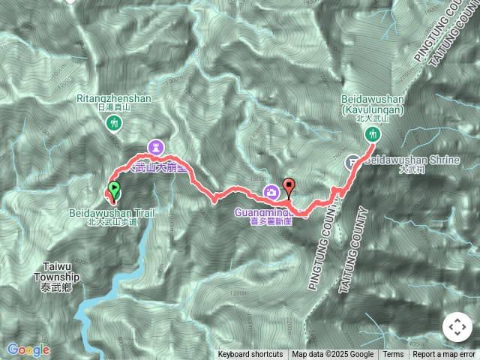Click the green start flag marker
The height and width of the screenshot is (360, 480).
(x=113, y=190)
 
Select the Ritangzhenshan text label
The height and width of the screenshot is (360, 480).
(x=114, y=97)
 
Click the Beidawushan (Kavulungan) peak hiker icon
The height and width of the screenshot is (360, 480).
(x=373, y=135)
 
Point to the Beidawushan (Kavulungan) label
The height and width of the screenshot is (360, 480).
(x=373, y=103)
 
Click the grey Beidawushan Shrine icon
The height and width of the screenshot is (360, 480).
(x=352, y=161)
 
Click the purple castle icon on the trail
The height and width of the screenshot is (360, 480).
(x=156, y=145)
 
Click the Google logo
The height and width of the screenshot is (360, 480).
(x=28, y=349)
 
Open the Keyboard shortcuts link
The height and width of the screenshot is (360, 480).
(x=250, y=355)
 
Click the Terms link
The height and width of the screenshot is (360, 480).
(x=393, y=355)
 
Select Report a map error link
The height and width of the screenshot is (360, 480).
(x=444, y=355)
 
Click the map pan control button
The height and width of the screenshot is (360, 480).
(x=457, y=327)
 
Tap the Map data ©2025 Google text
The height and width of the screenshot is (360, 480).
(x=333, y=355)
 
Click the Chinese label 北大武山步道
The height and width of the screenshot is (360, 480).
(x=112, y=222)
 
